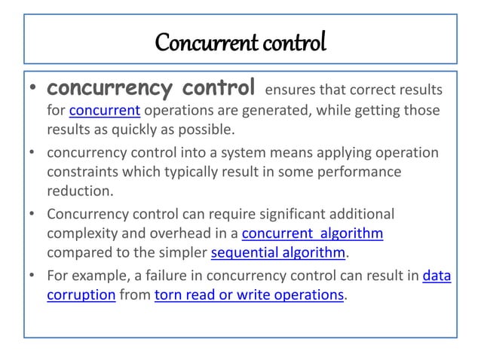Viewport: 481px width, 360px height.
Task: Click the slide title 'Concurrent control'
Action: (240, 41)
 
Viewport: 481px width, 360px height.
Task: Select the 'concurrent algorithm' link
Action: (314, 234)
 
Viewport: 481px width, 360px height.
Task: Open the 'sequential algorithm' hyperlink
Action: (277, 252)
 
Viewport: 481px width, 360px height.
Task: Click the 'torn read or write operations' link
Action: (248, 295)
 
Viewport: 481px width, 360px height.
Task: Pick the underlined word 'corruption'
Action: (80, 295)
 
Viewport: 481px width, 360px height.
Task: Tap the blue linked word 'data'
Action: (437, 276)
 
